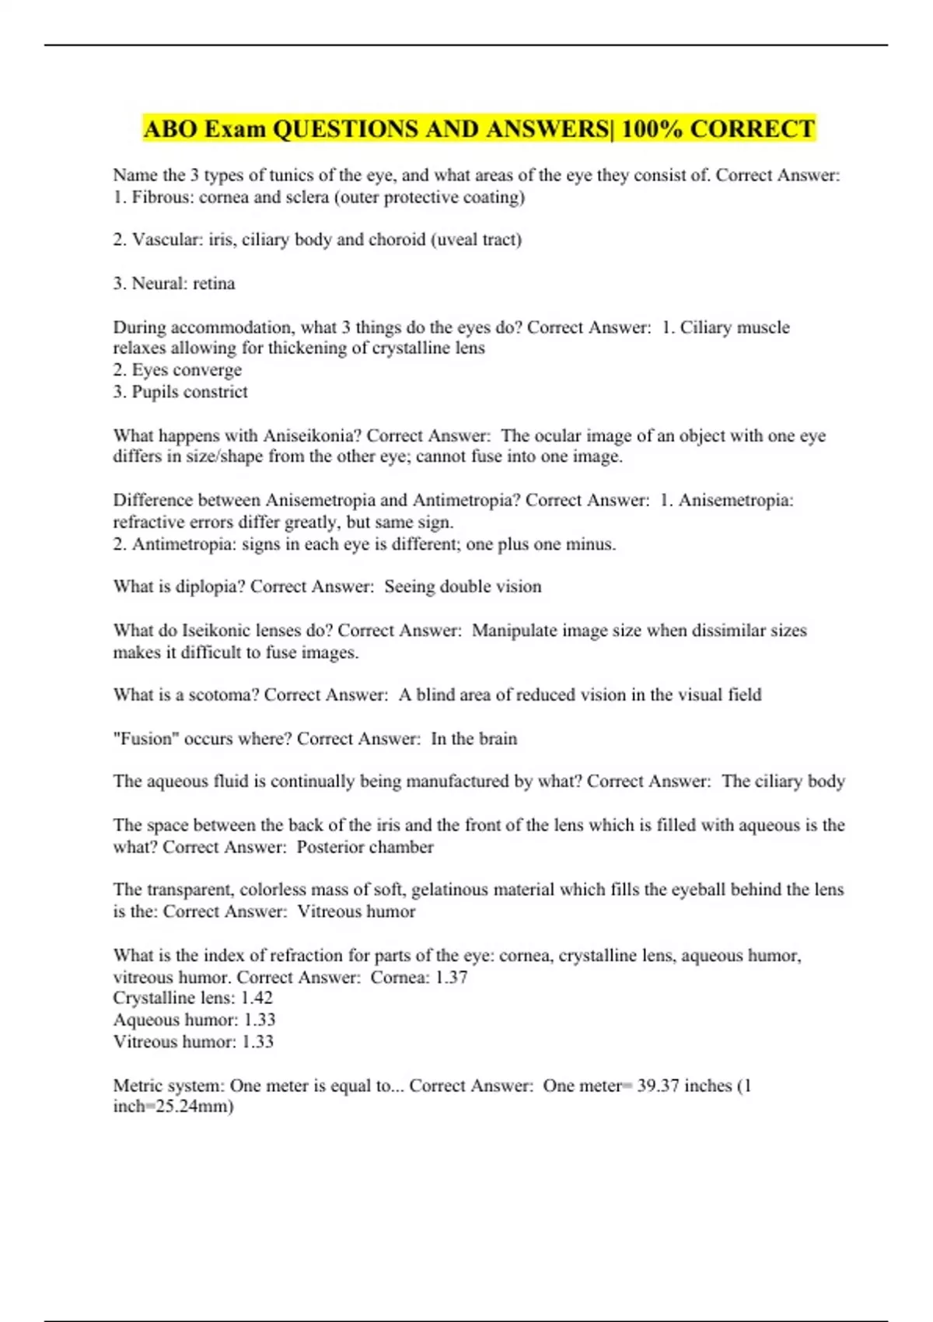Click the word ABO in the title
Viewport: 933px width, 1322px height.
[170, 128]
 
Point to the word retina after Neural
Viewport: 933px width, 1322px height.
[214, 283]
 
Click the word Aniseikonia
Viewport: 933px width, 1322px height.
[311, 435]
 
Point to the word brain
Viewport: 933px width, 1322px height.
[497, 738]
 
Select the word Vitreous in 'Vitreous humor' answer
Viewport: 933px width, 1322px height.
[330, 911]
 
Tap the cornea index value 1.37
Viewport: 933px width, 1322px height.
[451, 977]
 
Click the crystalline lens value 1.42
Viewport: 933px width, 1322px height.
[257, 998]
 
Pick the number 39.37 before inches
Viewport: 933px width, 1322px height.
[659, 1086]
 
